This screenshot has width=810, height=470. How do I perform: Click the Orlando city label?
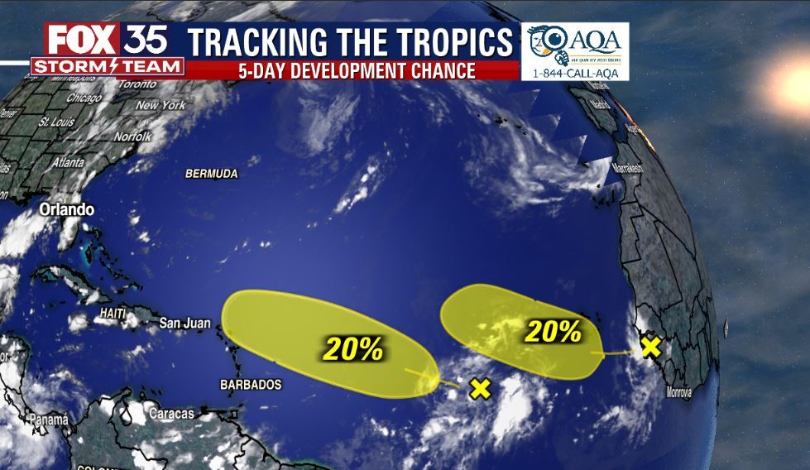click(67, 210)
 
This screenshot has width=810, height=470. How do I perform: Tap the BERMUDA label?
click(212, 174)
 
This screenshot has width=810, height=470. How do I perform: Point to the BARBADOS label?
click(251, 385)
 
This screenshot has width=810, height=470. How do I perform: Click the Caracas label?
click(172, 413)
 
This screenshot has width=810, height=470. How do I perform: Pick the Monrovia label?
click(678, 392)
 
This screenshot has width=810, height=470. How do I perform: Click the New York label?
click(161, 105)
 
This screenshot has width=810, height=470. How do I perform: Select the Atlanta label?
click(68, 163)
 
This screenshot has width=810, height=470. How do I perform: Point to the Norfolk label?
click(132, 136)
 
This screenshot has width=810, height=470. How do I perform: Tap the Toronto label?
click(137, 84)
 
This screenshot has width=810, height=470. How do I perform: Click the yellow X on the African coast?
click(651, 346)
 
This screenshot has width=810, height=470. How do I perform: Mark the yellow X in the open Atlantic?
click(480, 388)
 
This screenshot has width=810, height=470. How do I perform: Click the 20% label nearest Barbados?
click(353, 349)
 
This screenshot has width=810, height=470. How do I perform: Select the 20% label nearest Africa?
click(554, 332)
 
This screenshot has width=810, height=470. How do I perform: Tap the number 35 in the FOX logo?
click(147, 39)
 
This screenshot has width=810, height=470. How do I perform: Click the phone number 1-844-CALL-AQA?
click(575, 74)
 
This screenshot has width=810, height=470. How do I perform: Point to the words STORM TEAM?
click(107, 66)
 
